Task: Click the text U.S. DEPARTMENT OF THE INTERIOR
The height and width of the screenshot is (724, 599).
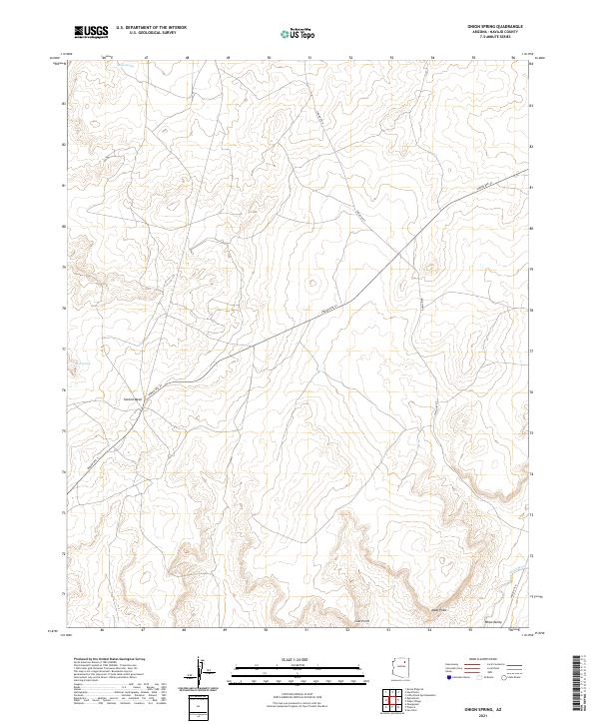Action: click(151, 28)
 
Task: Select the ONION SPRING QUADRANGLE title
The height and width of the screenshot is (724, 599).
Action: click(495, 27)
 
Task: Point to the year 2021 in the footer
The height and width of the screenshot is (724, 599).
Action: click(496, 714)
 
